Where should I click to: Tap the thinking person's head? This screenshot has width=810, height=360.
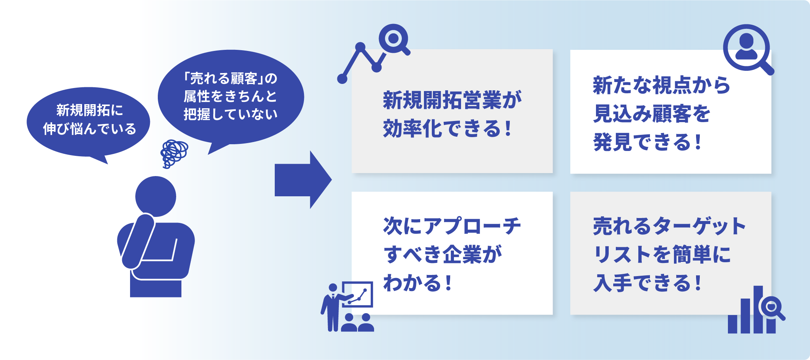click(x=156, y=196)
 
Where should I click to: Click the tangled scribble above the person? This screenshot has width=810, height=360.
click(x=174, y=153)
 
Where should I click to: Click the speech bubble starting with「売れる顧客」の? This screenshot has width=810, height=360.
click(x=231, y=97)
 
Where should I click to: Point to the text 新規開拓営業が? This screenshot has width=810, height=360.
click(x=452, y=100)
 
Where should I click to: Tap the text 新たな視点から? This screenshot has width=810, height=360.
click(x=662, y=85)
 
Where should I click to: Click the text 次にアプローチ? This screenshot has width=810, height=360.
click(x=452, y=226)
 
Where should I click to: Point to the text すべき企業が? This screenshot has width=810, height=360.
click(x=442, y=255)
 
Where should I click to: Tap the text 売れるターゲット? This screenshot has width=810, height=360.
click(x=669, y=226)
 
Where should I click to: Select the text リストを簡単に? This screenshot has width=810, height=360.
click(x=662, y=255)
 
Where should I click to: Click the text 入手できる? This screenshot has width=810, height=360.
click(x=647, y=283)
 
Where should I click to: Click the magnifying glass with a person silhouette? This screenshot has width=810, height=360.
click(x=747, y=49)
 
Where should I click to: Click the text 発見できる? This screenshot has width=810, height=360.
click(x=647, y=142)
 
